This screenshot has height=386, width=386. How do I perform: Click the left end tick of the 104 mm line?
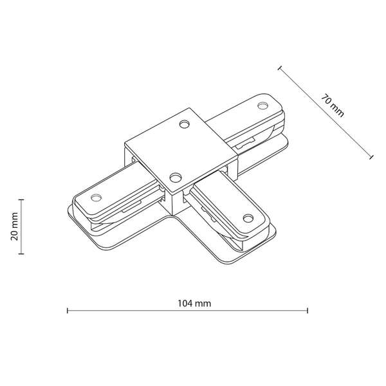pyautogui.click(x=68, y=311)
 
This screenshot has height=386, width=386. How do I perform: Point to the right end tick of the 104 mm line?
pyautogui.click(x=308, y=311)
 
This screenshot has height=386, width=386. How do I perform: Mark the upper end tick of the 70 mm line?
pyautogui.click(x=279, y=66)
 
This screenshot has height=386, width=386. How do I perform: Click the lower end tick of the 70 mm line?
pyautogui.click(x=371, y=156)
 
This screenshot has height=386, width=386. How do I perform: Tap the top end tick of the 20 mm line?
pyautogui.click(x=22, y=199)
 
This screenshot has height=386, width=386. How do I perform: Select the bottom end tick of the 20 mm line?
pyautogui.click(x=22, y=255)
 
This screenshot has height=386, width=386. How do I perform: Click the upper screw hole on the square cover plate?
pyautogui.click(x=185, y=124)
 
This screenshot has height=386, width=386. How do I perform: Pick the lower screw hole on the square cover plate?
pyautogui.click(x=175, y=176)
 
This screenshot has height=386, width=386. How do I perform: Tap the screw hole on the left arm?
pyautogui.click(x=97, y=197)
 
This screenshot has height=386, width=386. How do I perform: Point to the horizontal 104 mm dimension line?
pyautogui.click(x=187, y=311)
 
